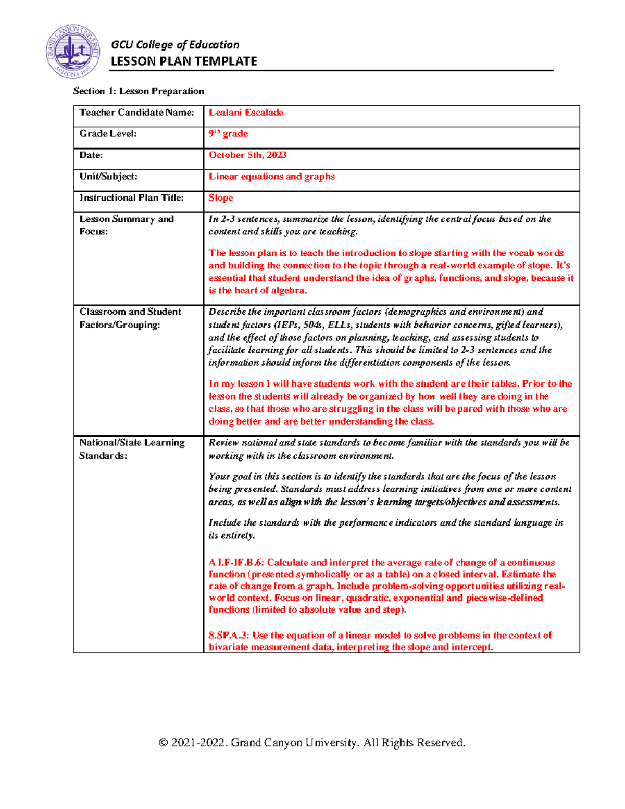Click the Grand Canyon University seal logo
(72, 52)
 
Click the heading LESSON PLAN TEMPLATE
(184, 61)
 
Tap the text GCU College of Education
(175, 45)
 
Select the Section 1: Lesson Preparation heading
(139, 91)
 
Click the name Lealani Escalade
(246, 113)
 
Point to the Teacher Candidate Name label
(136, 113)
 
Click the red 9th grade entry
(228, 134)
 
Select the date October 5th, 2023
(247, 155)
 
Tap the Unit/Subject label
(108, 177)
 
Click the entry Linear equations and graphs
(271, 177)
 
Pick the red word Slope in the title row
(221, 198)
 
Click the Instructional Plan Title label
(131, 198)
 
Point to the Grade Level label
(108, 134)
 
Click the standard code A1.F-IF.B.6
(236, 563)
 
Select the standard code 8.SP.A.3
(229, 636)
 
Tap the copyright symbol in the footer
(164, 743)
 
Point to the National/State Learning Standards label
(131, 449)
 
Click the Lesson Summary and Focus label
(126, 225)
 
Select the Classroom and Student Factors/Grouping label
(130, 318)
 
